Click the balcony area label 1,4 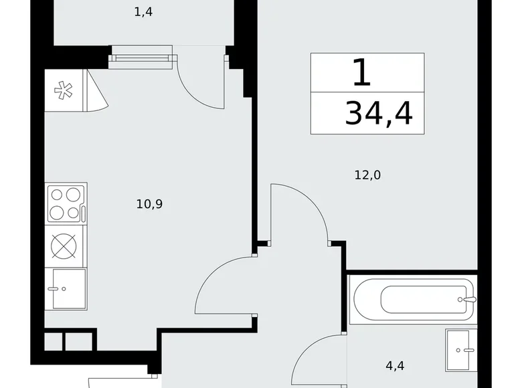[x=144, y=13]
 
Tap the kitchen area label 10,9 [x=150, y=204]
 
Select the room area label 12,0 [x=367, y=175]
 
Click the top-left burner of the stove [x=57, y=195]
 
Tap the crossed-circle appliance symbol [x=65, y=246]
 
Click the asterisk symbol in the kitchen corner [x=64, y=90]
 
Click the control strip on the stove [x=83, y=213]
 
